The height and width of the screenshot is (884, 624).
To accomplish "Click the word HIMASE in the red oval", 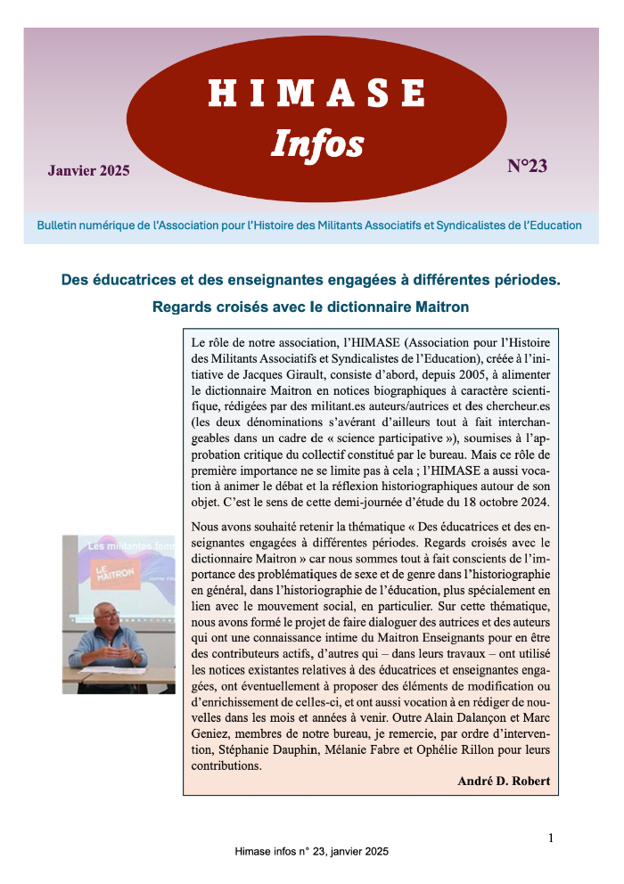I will point(316,94).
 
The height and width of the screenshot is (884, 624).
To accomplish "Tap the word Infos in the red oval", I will point(317,143).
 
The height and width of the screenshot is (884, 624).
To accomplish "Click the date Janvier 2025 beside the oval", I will point(88,170).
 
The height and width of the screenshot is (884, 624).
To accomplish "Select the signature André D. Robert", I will point(504,782).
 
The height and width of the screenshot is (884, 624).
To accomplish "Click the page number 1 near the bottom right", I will point(551,838).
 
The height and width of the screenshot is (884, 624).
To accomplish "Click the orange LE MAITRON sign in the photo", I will point(113,571).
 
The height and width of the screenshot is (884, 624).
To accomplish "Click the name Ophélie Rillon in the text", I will point(465,749).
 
